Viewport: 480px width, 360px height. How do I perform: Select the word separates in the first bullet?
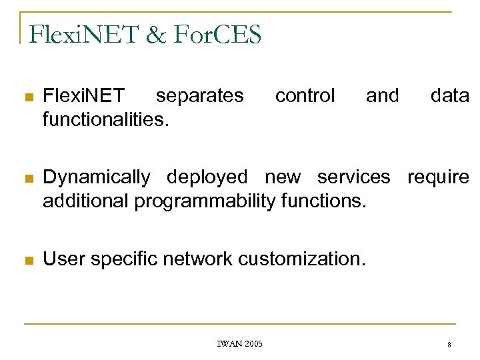[199, 96]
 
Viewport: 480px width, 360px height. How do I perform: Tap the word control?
[305, 96]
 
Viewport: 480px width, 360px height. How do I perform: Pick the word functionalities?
[105, 119]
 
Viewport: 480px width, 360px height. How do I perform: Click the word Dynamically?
[96, 177]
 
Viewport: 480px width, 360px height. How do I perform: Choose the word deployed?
[207, 177]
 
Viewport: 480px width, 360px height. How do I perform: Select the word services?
[353, 177]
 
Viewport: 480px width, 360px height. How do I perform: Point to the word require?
[438, 177]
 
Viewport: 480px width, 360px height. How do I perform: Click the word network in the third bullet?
[199, 259]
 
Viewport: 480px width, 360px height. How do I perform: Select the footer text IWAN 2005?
[239, 344]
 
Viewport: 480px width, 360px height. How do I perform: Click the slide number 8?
[449, 345]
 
